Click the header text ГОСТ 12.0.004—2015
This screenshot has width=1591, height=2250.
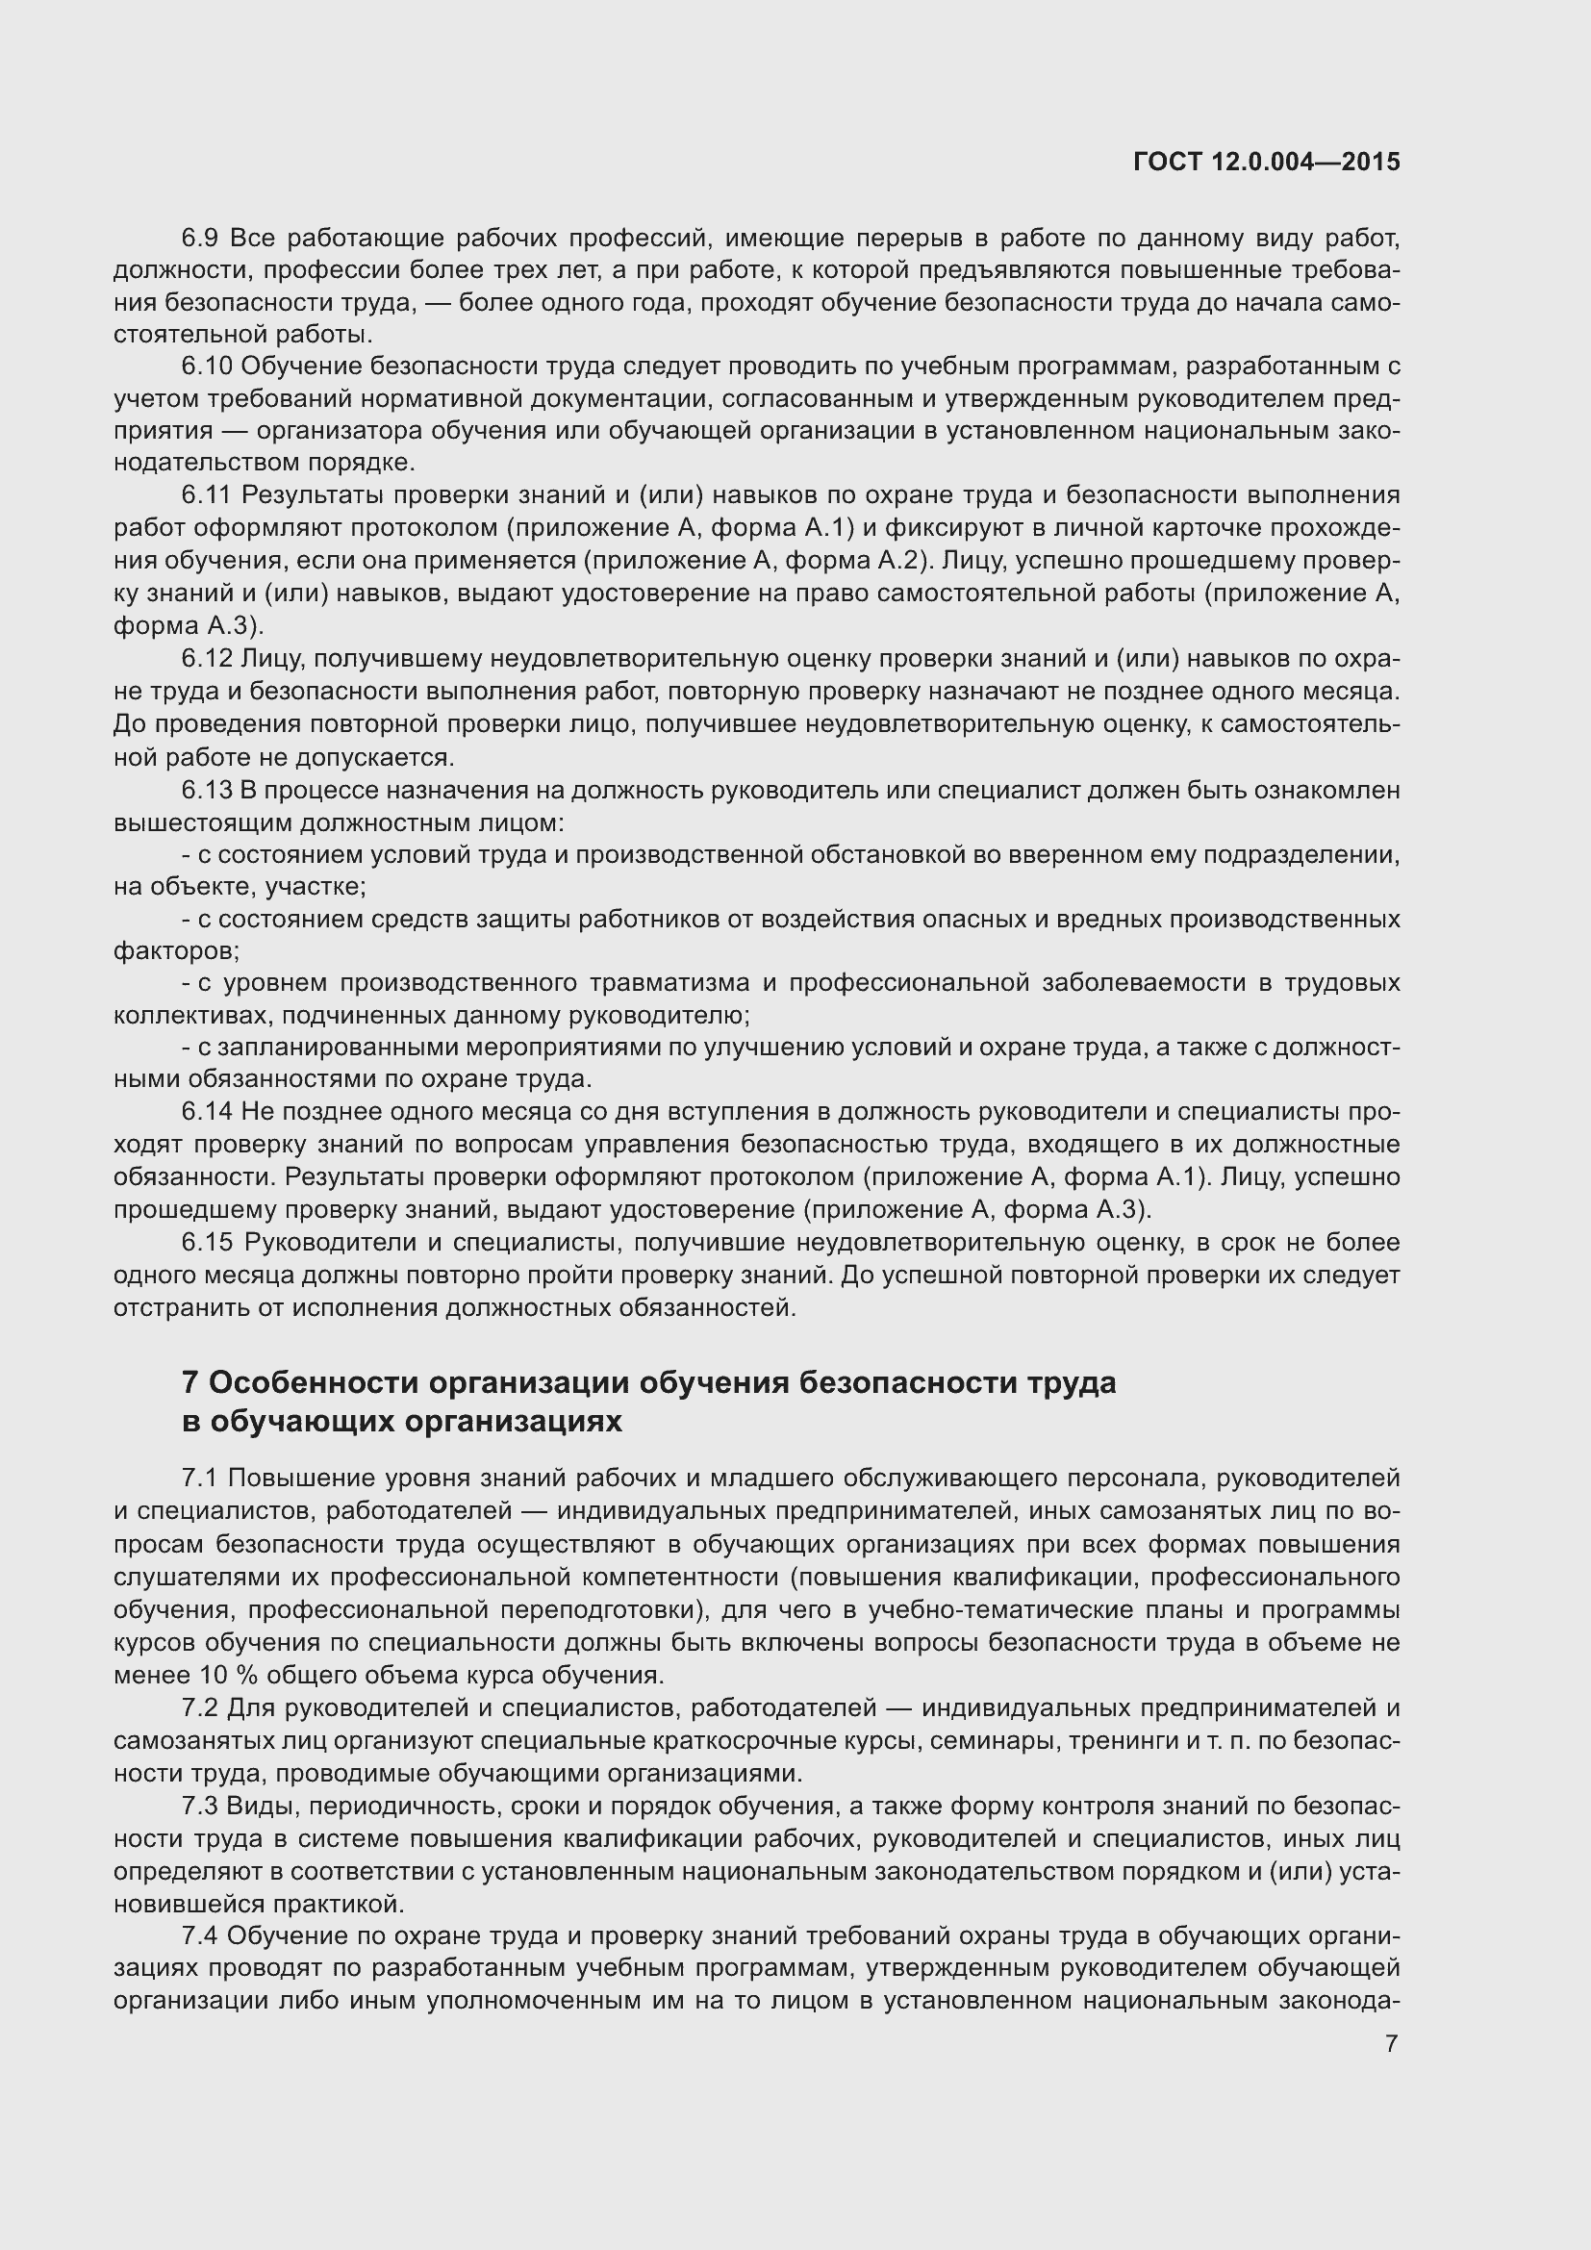tap(1266, 162)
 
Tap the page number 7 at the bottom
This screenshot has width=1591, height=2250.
tap(1390, 2043)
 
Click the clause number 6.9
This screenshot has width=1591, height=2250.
tap(202, 239)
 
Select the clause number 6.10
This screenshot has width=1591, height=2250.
tap(207, 367)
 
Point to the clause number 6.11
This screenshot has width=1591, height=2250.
tap(207, 494)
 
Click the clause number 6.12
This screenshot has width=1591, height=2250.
tap(207, 660)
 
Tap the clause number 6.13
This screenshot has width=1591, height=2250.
tap(207, 790)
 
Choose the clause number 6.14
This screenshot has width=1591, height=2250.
tap(207, 1111)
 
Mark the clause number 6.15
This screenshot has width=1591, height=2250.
tap(207, 1243)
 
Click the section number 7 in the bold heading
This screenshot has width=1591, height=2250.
tap(190, 1382)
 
